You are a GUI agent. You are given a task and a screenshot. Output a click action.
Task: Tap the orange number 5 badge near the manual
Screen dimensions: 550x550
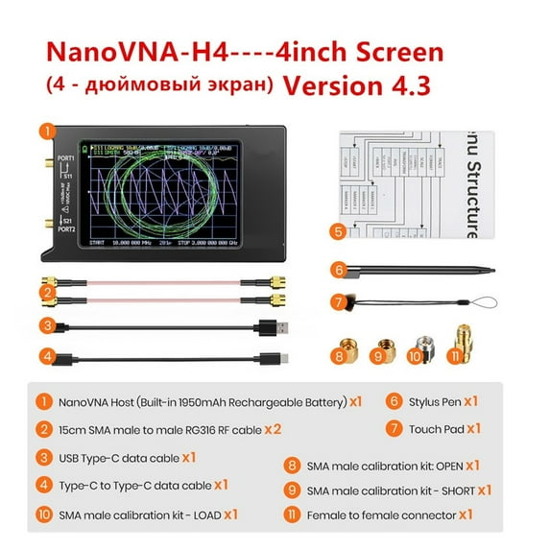click(336, 231)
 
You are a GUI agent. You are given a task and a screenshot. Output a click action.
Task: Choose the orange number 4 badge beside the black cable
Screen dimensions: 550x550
click(44, 359)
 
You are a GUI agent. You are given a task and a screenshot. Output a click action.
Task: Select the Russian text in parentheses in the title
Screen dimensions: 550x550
click(158, 84)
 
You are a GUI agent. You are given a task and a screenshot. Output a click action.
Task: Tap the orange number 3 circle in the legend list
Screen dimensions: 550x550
click(44, 457)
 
